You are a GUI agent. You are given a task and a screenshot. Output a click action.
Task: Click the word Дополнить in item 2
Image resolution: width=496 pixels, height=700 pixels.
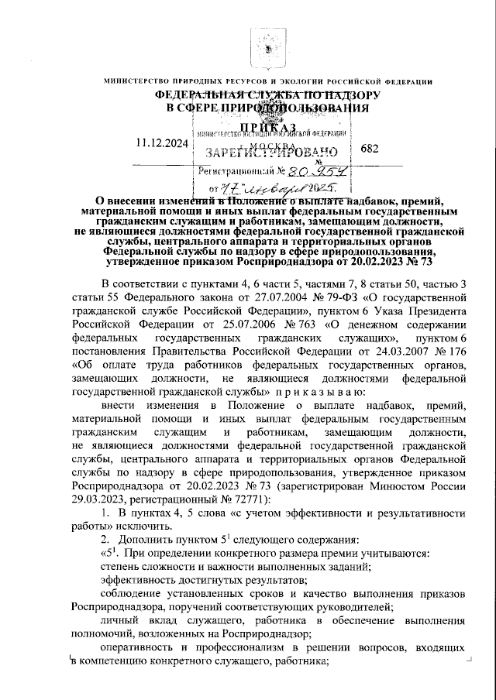(x=147, y=540)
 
